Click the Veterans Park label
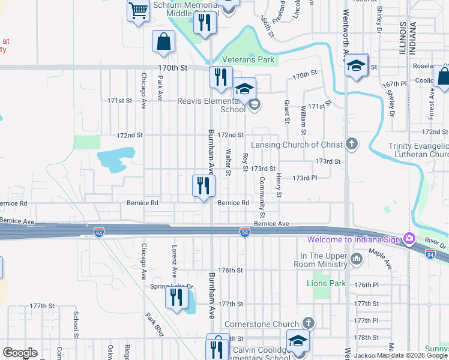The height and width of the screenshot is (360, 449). coord(248,59)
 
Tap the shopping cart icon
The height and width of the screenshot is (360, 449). coord(139,11)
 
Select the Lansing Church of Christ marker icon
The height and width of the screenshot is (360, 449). coord(352,144)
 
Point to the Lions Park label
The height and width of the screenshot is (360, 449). coord(326,283)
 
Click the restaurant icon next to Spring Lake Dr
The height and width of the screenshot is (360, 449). coord(176,297)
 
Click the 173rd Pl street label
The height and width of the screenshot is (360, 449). coord(304,178)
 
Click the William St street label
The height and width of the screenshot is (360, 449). coord(304,119)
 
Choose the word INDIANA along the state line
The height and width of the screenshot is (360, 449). coord(413,39)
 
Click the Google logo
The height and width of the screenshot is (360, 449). coord(20,353)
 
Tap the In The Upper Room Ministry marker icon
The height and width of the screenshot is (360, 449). coord(357,259)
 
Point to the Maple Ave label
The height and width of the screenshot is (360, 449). coord(380,259)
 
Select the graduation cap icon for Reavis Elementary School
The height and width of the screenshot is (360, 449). coord(244,90)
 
